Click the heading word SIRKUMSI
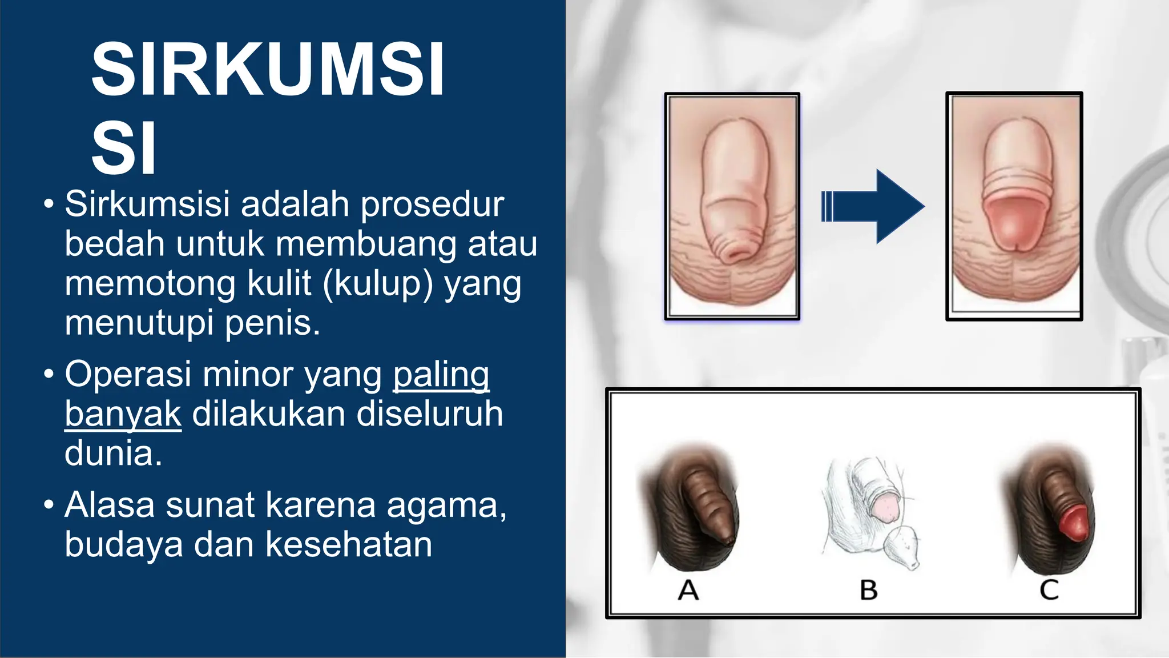pos(267,70)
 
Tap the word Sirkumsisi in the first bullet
pos(147,204)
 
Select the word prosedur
pos(432,204)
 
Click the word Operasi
pos(128,375)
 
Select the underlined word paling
pos(441,375)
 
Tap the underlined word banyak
pos(123,414)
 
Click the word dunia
pos(113,454)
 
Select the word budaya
pos(123,544)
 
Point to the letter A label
pos(688,590)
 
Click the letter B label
pos(869,590)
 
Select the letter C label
pos(1049,590)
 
